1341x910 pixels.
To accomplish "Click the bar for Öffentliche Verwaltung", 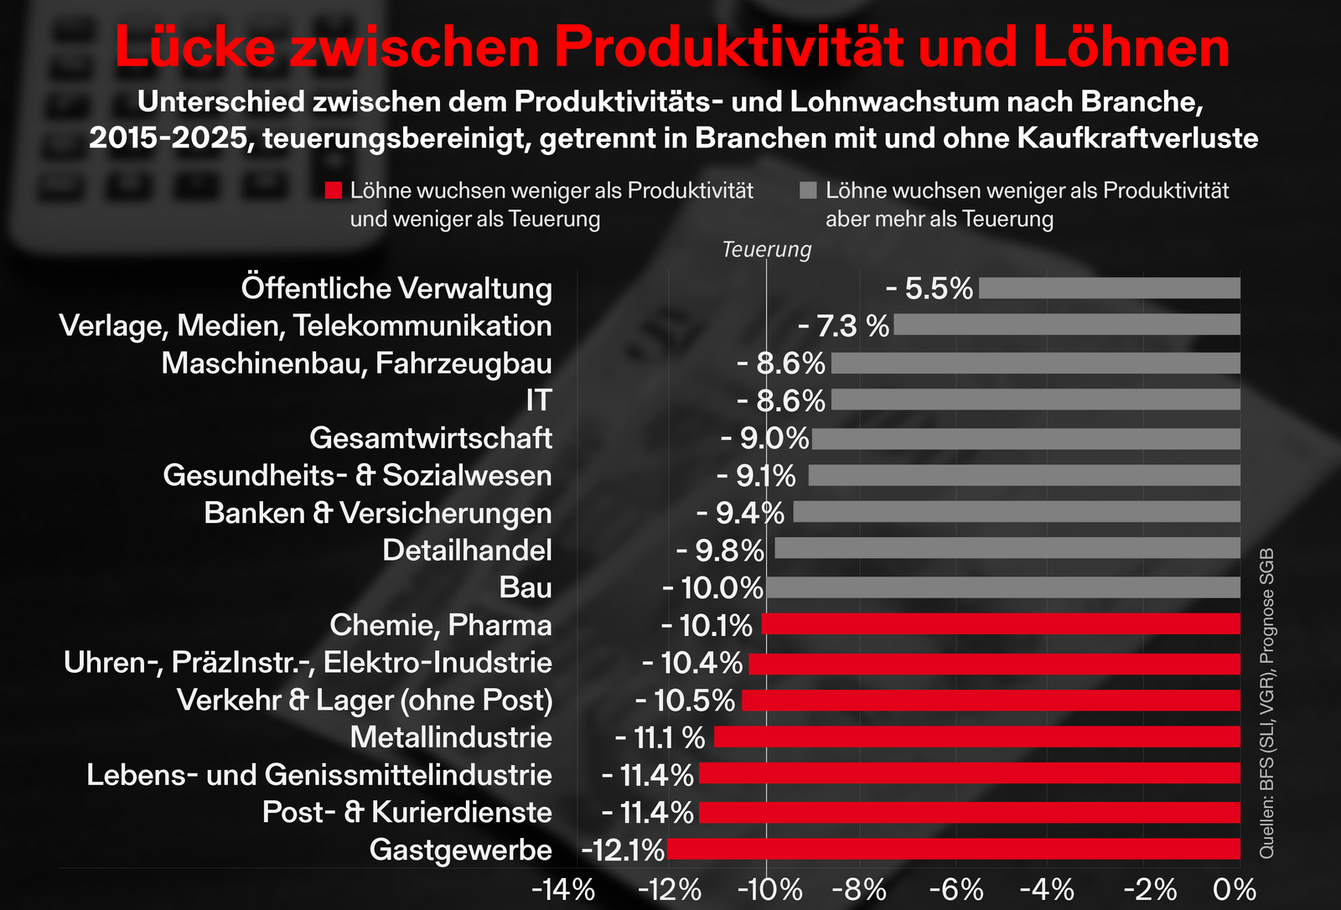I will coord(1109,288).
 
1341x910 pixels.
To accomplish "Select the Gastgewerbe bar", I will coord(953,850).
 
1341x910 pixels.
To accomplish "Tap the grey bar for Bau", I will coord(1003,587).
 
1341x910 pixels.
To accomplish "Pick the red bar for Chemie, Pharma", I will coord(1001,624).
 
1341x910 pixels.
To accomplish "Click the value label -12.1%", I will coord(623,851).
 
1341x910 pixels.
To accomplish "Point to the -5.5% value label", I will coord(929,289).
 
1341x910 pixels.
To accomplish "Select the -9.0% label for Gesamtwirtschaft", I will coord(764,438).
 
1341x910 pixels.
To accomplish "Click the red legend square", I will coord(334,191).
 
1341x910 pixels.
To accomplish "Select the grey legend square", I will coord(809,191).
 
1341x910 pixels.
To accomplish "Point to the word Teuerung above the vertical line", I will coord(767,250).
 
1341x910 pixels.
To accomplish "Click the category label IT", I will coord(539,401).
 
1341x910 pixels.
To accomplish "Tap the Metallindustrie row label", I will coord(451,737).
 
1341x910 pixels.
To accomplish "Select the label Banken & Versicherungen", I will coord(378,513).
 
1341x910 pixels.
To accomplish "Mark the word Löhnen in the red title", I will coord(1131,48).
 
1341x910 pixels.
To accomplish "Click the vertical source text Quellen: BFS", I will coord(1266,704).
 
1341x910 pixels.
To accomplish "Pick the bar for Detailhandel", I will coord(1007,550).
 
